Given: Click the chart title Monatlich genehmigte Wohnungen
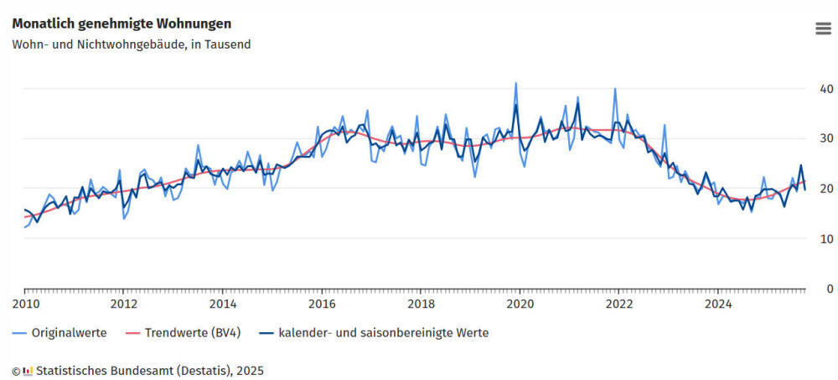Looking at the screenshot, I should tap(122, 23).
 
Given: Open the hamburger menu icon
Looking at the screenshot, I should tap(823, 29).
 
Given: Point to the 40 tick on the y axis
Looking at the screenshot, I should tap(826, 89).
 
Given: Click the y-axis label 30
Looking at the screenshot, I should tap(826, 138).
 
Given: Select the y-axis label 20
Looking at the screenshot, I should tap(826, 189).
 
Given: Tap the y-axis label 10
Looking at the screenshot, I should tap(826, 238).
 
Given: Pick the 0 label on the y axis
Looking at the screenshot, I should tap(830, 289).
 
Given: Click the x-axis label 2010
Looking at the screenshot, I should tap(24, 304).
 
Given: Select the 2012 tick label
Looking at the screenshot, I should tap(123, 304).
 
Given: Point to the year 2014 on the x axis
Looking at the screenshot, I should tap(222, 304).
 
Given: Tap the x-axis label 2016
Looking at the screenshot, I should tap(322, 304).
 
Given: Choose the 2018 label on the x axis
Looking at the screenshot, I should tap(421, 304).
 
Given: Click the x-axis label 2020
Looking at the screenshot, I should tap(520, 304).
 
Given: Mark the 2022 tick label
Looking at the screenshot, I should tap(618, 304).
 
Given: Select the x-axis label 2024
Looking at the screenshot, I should tap(718, 304).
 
